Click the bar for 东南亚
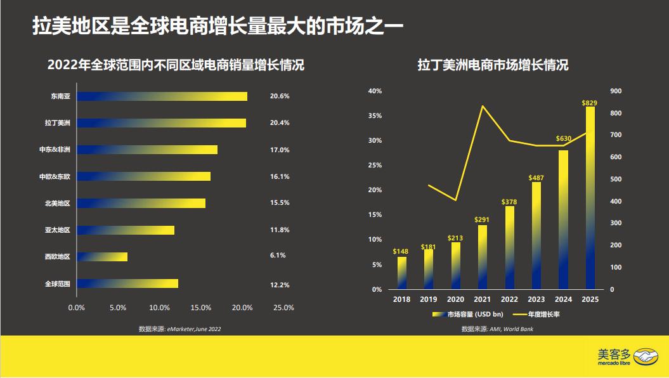tap(162, 96)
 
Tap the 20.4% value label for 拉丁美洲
tap(280, 123)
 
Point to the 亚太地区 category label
tap(57, 230)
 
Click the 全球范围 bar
tap(127, 283)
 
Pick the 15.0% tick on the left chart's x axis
tap(201, 308)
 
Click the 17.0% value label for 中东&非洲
tap(280, 150)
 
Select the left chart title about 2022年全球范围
tap(176, 65)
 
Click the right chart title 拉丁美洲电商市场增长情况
tap(492, 65)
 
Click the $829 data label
tap(590, 102)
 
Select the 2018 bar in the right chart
tap(401, 273)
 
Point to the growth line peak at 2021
tap(483, 106)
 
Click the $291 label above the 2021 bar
tap(482, 219)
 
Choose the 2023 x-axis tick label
tap(536, 299)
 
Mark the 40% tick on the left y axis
tap(375, 91)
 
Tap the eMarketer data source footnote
tap(180, 329)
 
